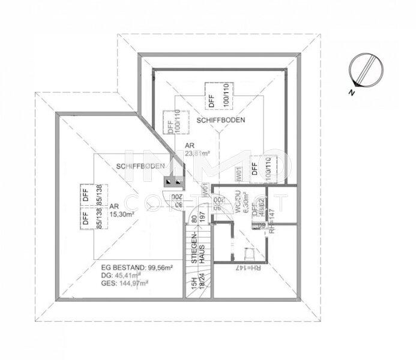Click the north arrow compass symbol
365,67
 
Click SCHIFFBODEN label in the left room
141,166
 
